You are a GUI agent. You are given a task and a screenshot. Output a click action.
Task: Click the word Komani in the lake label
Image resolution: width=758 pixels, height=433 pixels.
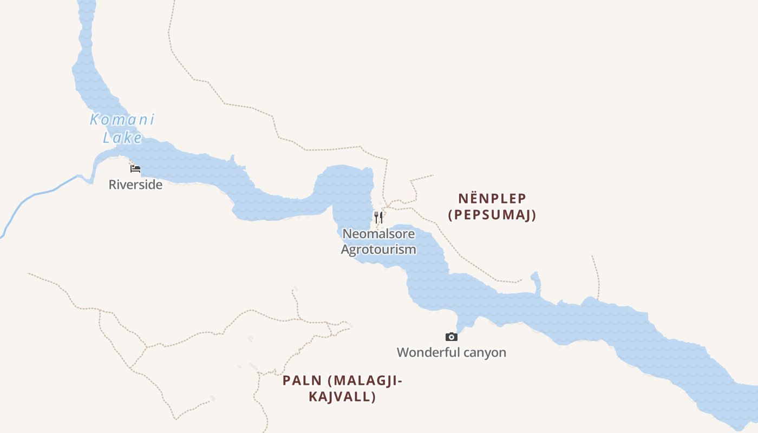point(122,120)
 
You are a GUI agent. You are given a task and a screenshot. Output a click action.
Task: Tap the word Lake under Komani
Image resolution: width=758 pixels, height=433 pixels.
point(122,137)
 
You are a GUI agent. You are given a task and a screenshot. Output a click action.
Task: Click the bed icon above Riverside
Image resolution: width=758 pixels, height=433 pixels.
point(135,169)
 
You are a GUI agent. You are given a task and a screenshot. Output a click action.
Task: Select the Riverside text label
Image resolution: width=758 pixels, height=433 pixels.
point(135,185)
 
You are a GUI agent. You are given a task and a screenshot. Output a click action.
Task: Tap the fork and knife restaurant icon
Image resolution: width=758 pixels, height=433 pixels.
point(379,218)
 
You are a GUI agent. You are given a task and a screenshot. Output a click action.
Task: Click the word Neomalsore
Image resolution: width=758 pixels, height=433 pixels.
point(379,234)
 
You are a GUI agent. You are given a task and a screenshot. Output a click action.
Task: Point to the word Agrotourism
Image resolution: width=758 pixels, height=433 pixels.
point(378,250)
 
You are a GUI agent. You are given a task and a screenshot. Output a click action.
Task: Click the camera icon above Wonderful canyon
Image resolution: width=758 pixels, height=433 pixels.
point(452,337)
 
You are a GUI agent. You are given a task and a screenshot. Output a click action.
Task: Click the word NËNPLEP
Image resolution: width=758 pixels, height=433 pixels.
point(492,199)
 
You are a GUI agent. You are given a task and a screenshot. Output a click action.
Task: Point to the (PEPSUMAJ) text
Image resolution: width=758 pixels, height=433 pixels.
point(492,215)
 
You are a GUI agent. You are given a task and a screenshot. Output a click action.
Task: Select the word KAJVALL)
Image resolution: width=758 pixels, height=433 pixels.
point(342,397)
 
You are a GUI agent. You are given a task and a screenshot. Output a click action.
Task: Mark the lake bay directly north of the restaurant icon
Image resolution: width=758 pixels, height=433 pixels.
point(349,184)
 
